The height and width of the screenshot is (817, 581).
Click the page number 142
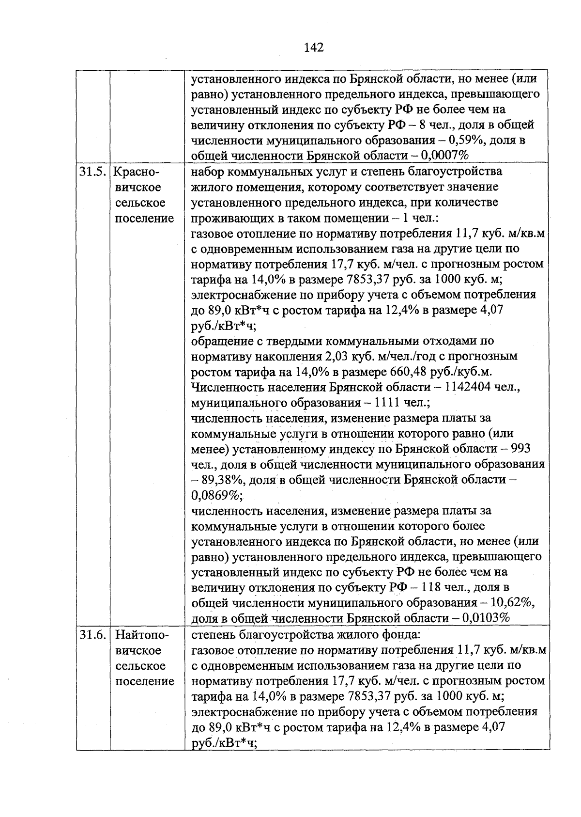(313, 47)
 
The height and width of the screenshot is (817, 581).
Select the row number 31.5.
(93, 172)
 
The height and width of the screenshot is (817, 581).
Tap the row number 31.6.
(93, 635)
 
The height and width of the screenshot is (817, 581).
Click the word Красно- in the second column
(138, 172)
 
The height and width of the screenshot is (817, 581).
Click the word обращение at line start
(219, 341)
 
